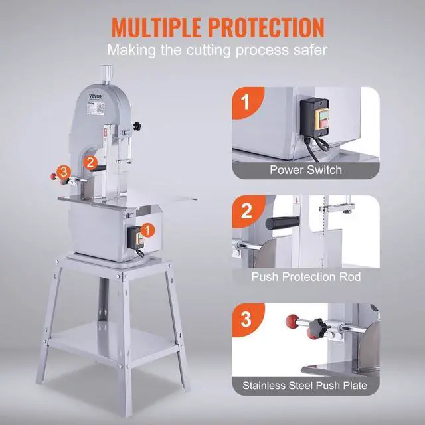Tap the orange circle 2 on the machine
tap(91, 161)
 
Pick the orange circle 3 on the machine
tap(63, 171)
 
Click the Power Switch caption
tap(305, 170)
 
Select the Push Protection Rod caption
tap(305, 276)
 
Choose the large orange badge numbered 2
tap(245, 211)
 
